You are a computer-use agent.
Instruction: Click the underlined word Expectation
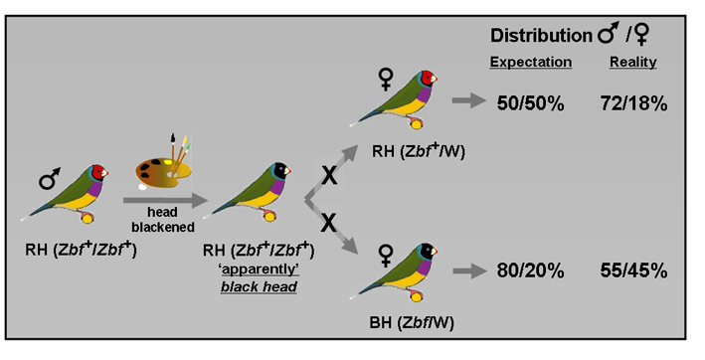[x=531, y=62]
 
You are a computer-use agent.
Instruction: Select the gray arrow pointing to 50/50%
[x=465, y=100]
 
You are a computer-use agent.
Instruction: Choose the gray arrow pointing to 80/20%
[x=465, y=270]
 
